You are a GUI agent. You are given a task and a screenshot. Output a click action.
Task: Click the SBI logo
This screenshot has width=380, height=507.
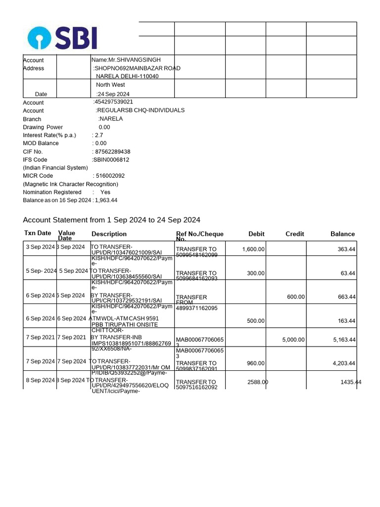pyautogui.click(x=62, y=38)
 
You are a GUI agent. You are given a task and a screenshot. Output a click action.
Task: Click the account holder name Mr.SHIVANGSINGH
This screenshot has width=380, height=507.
pyautogui.click(x=126, y=60)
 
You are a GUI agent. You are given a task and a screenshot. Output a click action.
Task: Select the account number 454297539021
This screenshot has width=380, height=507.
pyautogui.click(x=113, y=102)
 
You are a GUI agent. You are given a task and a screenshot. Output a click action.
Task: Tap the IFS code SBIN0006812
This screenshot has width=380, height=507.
pyautogui.click(x=110, y=159)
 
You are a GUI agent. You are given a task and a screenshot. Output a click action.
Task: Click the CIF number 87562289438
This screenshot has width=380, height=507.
pyautogui.click(x=111, y=152)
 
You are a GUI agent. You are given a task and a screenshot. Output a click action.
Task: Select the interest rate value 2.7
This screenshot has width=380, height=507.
pyautogui.click(x=98, y=135)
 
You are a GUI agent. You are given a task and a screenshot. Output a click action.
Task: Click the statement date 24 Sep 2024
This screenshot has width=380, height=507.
pyautogui.click(x=113, y=94)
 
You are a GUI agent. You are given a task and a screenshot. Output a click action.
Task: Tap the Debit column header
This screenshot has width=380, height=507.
pyautogui.click(x=256, y=234)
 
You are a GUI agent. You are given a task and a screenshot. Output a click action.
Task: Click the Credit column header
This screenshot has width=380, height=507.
pyautogui.click(x=294, y=234)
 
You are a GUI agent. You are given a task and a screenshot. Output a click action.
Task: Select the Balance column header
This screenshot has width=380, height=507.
pyautogui.click(x=342, y=234)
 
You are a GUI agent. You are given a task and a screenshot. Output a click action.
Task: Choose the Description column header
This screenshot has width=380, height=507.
pyautogui.click(x=109, y=234)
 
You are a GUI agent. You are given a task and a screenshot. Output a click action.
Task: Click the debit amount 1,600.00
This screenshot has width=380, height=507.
pyautogui.click(x=253, y=250)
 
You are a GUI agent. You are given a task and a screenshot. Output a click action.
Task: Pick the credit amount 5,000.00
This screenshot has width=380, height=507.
pyautogui.click(x=293, y=340)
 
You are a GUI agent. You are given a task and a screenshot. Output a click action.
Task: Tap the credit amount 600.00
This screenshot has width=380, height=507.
pyautogui.click(x=296, y=297)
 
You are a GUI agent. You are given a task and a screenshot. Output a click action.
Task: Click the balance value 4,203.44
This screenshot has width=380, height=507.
pyautogui.click(x=343, y=363)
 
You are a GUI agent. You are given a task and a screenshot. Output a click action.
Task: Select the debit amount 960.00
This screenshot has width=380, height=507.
pyautogui.click(x=256, y=363)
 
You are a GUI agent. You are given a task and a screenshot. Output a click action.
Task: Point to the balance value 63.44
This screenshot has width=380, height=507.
pyautogui.click(x=346, y=273)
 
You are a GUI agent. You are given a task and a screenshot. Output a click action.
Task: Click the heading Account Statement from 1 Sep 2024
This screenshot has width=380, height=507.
pyautogui.click(x=111, y=220)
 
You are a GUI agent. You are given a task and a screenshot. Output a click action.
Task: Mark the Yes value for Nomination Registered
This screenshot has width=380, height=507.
pyautogui.click(x=105, y=192)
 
